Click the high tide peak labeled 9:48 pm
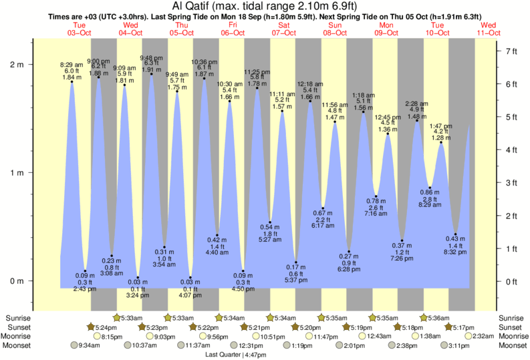click(x=152, y=74)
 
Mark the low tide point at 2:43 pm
click(x=85, y=271)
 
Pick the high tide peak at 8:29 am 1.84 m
click(x=72, y=82)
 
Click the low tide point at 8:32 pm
click(x=455, y=234)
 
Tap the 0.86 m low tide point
click(x=430, y=188)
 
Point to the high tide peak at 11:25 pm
click(x=257, y=89)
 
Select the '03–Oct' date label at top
click(x=80, y=33)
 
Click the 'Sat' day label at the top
click(x=284, y=25)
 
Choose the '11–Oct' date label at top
click(x=489, y=33)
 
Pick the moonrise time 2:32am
click(x=482, y=337)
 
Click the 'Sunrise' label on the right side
click(x=511, y=318)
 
